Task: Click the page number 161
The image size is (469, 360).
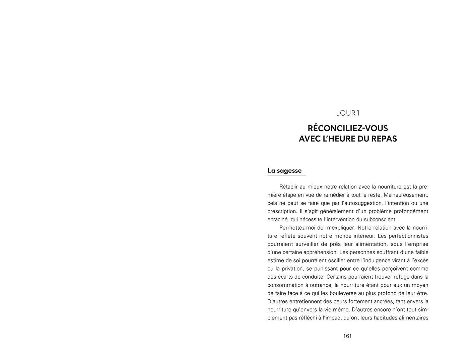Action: (347, 336)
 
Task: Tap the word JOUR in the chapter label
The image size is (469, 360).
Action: (346, 113)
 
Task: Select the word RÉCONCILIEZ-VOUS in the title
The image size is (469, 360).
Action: (348, 128)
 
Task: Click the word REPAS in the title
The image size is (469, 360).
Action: (384, 139)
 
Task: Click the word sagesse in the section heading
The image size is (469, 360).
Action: (289, 170)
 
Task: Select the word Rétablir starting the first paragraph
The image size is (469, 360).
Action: (288, 187)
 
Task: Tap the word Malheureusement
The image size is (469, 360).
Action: (406, 195)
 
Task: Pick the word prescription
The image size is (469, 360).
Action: (281, 211)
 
